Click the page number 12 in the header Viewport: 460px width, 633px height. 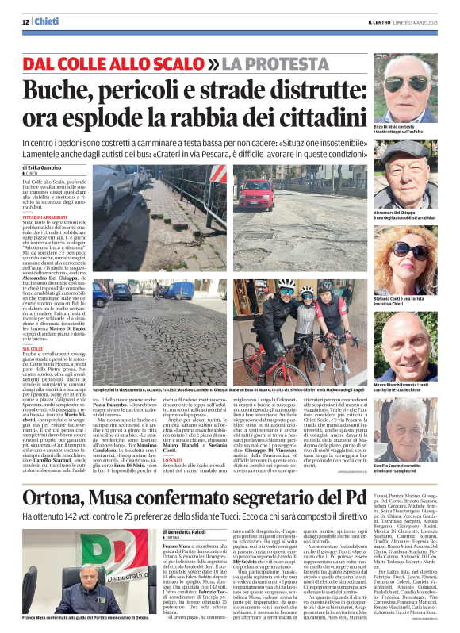(x=25, y=21)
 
